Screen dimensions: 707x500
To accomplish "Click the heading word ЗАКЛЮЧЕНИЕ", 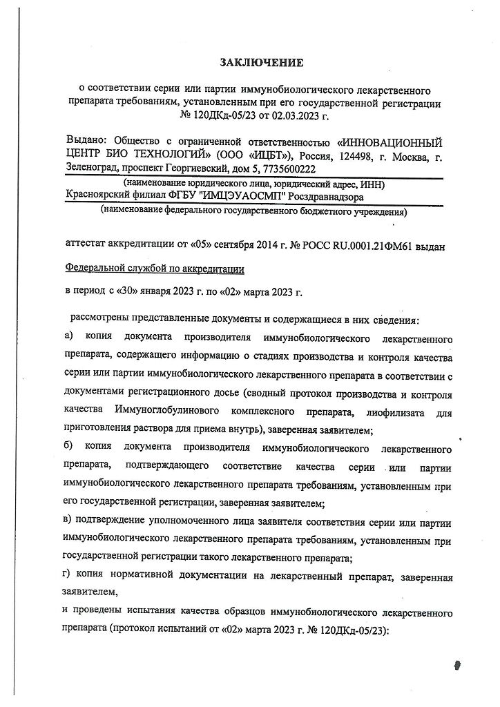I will click(261, 64).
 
